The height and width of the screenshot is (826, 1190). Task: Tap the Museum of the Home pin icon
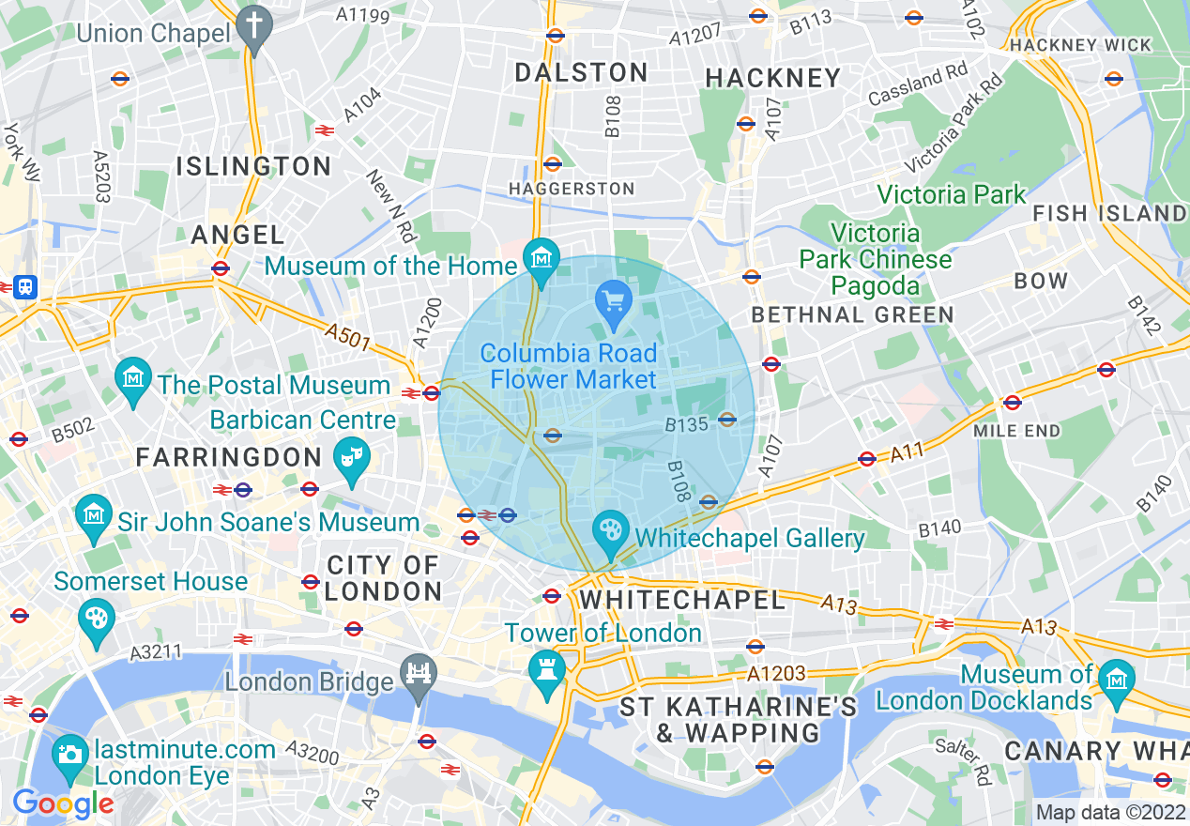[x=542, y=255]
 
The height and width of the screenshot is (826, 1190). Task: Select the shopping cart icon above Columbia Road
[x=615, y=302]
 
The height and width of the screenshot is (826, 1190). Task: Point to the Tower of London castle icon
[x=544, y=668]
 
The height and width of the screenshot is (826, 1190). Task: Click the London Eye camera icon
[x=69, y=754]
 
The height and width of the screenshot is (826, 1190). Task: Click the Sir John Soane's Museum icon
[x=94, y=514]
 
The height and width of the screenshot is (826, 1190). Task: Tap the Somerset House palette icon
[x=97, y=618]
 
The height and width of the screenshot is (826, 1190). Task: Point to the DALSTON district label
[x=582, y=72]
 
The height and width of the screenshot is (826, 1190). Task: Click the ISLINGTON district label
[x=254, y=167]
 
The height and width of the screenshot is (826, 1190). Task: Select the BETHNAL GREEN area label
[x=852, y=314]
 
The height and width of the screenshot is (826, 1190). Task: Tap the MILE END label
[x=1017, y=431]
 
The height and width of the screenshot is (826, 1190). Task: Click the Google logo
[x=63, y=803]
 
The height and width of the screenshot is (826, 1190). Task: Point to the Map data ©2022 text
[x=1109, y=812]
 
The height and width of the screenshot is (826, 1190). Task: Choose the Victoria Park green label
[x=952, y=194]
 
